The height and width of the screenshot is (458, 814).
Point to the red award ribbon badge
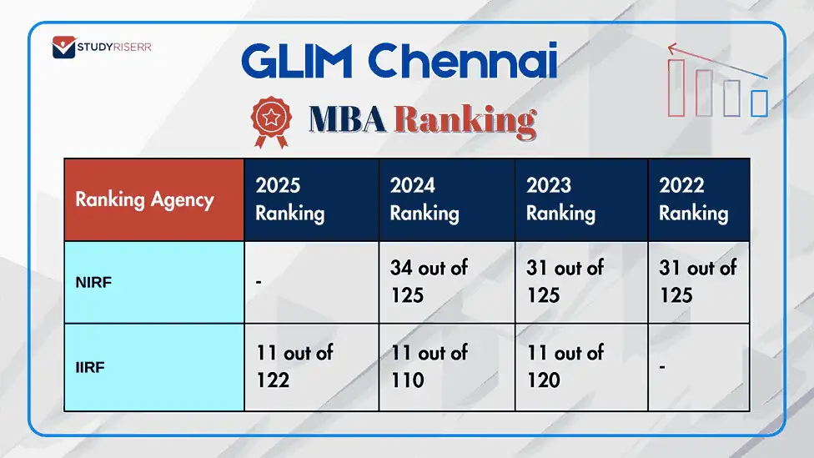(x=272, y=121)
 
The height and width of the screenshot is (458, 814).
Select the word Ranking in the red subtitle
(x=465, y=120)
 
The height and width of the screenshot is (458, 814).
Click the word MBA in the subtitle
(x=347, y=120)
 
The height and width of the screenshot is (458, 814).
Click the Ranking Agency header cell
(x=153, y=199)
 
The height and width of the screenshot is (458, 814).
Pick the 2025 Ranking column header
(x=311, y=199)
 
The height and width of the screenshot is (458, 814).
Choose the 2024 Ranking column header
(x=446, y=199)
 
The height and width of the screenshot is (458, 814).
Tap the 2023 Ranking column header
(x=581, y=199)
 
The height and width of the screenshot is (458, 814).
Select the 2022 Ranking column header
(x=699, y=199)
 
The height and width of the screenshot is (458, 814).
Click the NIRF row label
(x=153, y=282)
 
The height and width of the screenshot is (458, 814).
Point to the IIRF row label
(x=153, y=367)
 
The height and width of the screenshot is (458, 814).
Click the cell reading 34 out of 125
(x=446, y=282)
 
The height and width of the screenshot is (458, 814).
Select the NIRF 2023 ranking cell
(x=581, y=282)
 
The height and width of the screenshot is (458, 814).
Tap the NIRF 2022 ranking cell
(x=699, y=282)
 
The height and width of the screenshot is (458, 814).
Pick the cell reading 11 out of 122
(x=311, y=367)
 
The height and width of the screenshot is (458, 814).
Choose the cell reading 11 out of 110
(x=446, y=367)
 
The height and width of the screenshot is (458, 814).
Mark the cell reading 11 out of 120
(x=581, y=367)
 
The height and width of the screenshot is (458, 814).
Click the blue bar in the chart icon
(x=759, y=103)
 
